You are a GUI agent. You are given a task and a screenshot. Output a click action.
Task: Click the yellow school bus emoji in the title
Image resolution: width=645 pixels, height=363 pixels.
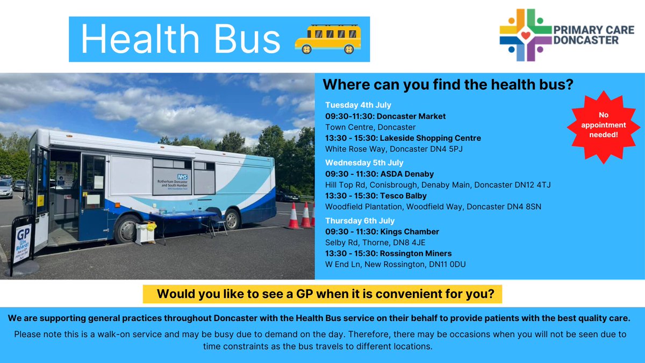tap(328, 40)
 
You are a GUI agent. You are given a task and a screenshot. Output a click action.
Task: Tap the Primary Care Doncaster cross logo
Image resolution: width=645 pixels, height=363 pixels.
tap(525, 35)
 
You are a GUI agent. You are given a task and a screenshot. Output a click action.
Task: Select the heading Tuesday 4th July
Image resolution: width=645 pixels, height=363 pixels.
tap(358, 105)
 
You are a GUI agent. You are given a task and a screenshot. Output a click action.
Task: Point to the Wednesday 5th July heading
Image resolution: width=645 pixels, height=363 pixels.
tap(364, 162)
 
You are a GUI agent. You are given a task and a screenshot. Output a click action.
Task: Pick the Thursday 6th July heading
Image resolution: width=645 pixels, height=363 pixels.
tap(360, 220)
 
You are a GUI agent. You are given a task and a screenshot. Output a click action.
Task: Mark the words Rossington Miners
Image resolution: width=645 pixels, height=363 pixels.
tap(417, 253)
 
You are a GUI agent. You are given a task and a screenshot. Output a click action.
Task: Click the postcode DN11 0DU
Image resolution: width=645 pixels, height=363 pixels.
tap(460, 265)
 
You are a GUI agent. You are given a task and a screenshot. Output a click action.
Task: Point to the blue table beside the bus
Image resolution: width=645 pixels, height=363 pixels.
tap(183, 217)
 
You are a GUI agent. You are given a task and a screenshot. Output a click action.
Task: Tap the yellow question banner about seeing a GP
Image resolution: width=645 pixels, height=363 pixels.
tap(322, 295)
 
